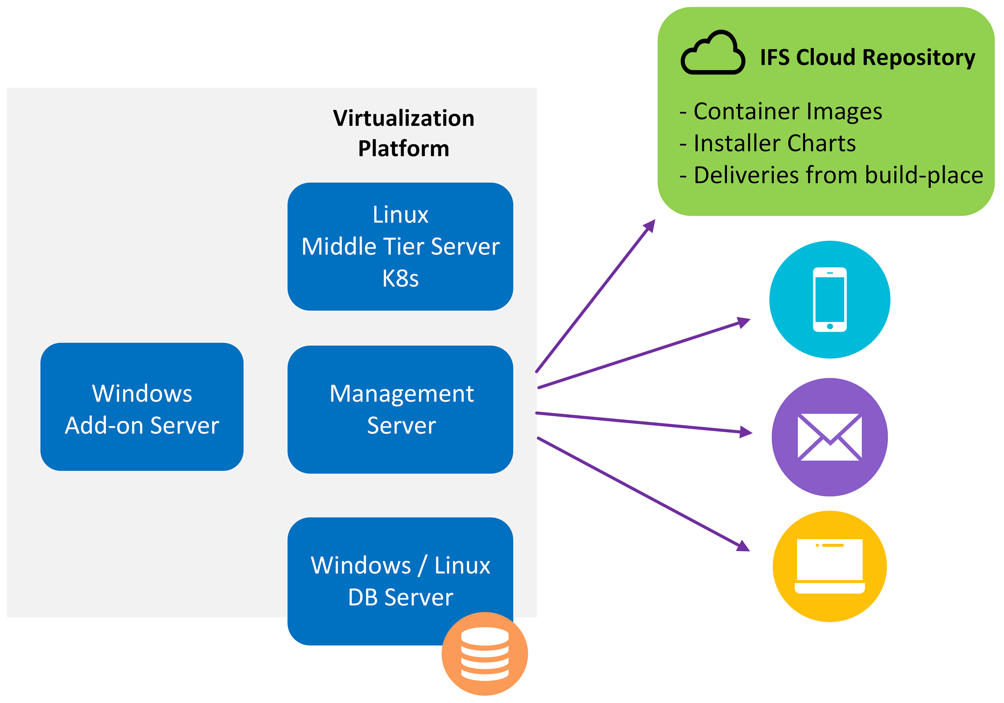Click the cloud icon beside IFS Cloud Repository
(x=713, y=53)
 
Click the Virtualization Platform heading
(x=403, y=133)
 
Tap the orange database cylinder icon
(x=485, y=654)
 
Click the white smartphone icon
(x=830, y=300)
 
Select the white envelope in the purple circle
(x=830, y=436)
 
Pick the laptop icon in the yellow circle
(x=830, y=566)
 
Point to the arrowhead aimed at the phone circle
(x=744, y=322)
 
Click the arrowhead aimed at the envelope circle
(x=745, y=433)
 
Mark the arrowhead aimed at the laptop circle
(x=744, y=546)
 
